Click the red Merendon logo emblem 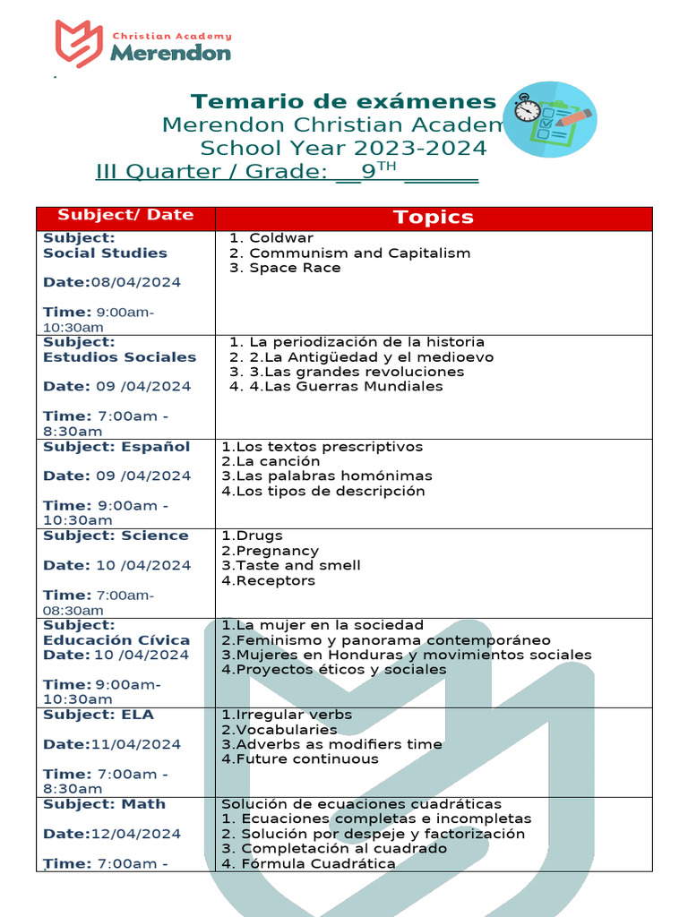(78, 44)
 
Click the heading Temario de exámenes (344, 101)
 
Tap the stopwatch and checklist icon (550, 119)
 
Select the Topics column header (434, 218)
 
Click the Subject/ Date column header (125, 215)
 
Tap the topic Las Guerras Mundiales (346, 387)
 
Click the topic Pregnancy (270, 551)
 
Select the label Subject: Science (116, 536)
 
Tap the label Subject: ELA (99, 715)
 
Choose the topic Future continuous (300, 759)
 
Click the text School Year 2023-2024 (344, 148)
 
